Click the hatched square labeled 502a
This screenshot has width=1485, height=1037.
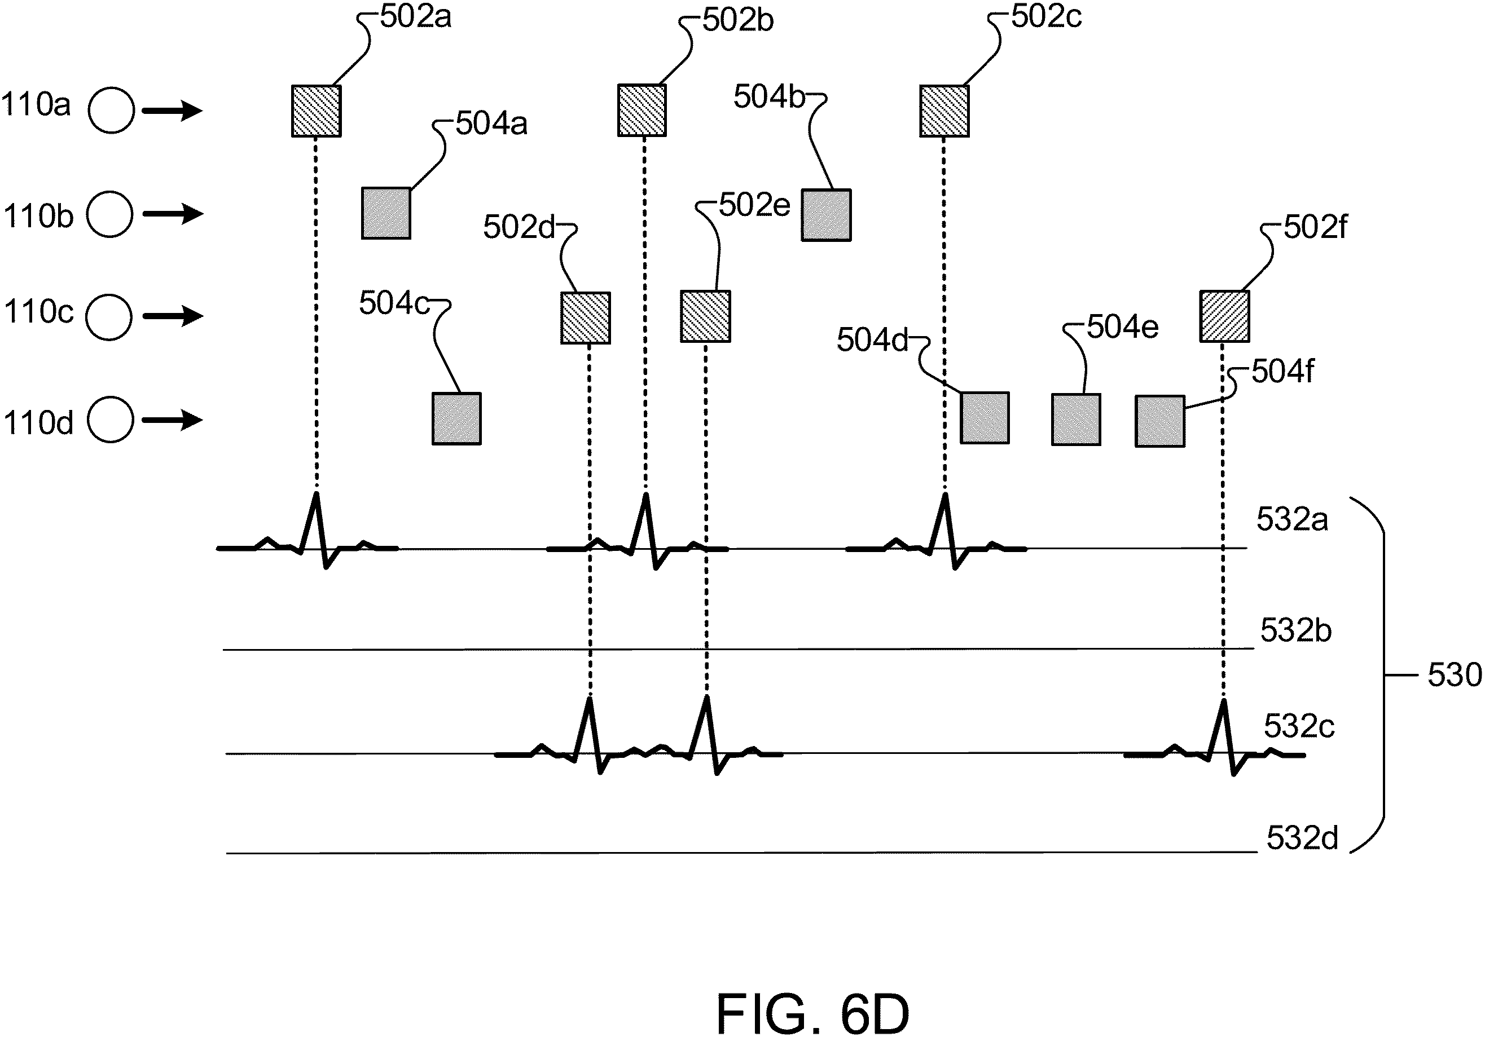click(x=317, y=111)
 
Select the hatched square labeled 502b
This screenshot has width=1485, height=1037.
click(x=642, y=111)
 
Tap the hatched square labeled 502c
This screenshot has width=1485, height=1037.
click(x=944, y=111)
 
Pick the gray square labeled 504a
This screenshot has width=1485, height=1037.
click(x=386, y=213)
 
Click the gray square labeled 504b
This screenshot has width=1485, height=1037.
click(x=826, y=215)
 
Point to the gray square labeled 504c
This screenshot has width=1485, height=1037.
click(x=456, y=419)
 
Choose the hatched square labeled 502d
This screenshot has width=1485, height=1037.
click(x=585, y=318)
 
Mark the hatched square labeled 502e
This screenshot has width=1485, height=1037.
click(x=706, y=316)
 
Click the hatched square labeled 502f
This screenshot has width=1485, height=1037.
click(x=1225, y=316)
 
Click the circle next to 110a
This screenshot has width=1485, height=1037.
click(x=111, y=110)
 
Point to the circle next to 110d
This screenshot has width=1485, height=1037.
click(x=111, y=420)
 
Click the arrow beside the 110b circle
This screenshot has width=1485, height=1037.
click(x=173, y=213)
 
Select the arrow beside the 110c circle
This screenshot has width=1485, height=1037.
click(x=173, y=316)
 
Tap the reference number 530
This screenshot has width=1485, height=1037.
click(x=1455, y=675)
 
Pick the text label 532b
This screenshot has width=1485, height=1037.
click(x=1296, y=630)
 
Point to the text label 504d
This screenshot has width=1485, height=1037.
click(x=872, y=340)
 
